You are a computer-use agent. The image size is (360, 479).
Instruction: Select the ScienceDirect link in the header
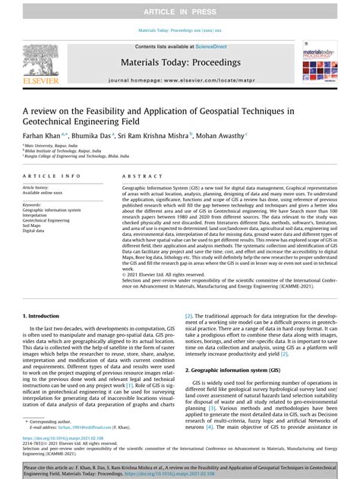pos(203,46)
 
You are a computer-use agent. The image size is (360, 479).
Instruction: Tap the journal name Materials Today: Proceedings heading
pos(180,65)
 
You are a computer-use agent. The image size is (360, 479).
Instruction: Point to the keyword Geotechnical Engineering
pos(48,220)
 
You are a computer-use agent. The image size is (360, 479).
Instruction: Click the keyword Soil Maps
pos(33,225)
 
